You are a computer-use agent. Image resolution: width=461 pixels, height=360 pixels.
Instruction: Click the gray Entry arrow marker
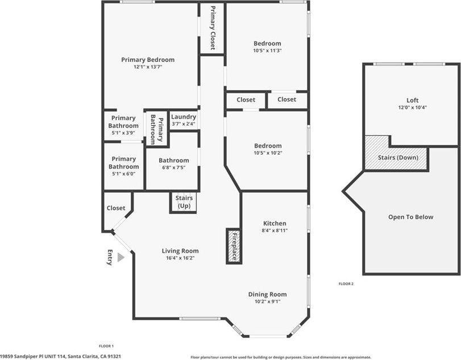click(121, 257)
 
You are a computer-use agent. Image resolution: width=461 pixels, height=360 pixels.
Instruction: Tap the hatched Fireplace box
click(233, 245)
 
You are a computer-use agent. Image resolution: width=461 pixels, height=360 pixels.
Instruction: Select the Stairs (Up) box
click(184, 202)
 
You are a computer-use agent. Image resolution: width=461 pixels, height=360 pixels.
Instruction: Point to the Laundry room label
click(183, 117)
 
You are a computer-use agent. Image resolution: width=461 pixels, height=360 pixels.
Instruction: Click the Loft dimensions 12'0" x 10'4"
click(412, 107)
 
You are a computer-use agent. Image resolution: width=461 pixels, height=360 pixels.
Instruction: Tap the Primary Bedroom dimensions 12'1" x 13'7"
click(148, 67)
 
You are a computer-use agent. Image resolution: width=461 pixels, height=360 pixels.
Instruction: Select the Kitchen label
click(275, 223)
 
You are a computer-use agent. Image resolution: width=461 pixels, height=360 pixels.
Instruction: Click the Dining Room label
click(267, 294)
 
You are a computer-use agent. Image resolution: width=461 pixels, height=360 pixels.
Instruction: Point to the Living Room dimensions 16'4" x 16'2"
click(180, 258)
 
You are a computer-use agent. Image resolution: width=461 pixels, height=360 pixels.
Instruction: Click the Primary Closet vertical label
click(213, 28)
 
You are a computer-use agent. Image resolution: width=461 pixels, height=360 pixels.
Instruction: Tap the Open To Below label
click(410, 217)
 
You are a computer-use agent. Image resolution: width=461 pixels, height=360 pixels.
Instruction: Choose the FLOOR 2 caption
click(346, 283)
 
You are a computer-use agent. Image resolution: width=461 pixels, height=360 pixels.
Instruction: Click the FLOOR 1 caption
click(106, 346)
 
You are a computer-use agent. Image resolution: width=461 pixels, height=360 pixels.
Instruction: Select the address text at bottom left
click(61, 356)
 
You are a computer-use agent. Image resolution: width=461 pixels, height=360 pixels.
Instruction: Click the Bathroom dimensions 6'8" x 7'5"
click(173, 168)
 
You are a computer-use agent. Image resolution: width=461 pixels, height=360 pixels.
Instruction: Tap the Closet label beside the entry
click(116, 208)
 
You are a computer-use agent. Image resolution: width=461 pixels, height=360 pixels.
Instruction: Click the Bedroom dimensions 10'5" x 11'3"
click(267, 51)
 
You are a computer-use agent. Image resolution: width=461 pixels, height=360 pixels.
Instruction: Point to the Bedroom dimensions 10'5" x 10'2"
click(267, 152)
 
